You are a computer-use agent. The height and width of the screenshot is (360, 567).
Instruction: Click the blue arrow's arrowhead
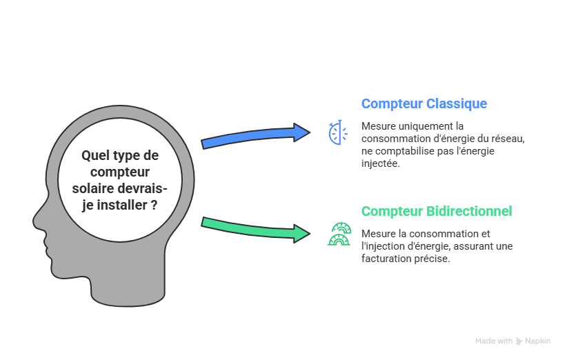(302, 132)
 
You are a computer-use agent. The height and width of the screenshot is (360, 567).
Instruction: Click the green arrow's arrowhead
(302, 233)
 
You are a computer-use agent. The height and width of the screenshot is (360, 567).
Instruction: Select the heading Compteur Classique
(424, 104)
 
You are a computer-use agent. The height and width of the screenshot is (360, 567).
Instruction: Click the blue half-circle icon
(337, 132)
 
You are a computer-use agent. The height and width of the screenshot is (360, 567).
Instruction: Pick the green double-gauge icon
(339, 234)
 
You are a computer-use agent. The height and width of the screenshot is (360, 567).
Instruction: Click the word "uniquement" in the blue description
(420, 127)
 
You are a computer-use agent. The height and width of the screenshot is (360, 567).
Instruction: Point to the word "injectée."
(380, 163)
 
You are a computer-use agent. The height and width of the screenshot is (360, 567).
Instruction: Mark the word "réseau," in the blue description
(507, 139)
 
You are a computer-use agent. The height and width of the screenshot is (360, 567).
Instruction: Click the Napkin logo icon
(519, 341)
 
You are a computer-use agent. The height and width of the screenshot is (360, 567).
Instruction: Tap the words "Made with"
(493, 341)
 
